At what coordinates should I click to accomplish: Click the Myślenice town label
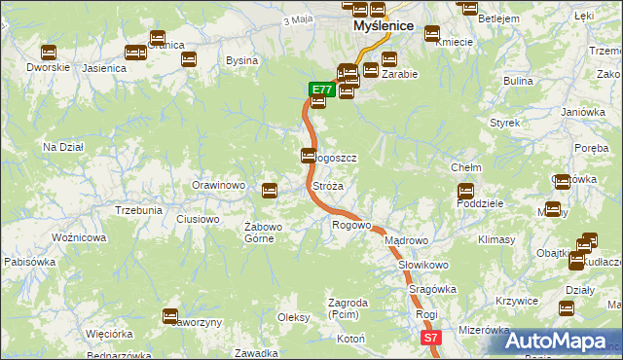pyautogui.click(x=384, y=27)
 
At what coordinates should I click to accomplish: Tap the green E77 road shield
pyautogui.click(x=322, y=90)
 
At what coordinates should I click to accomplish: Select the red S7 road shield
pyautogui.click(x=431, y=337)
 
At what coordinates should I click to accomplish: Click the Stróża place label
pyautogui.click(x=327, y=185)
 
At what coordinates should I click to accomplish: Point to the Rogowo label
pyautogui.click(x=351, y=226)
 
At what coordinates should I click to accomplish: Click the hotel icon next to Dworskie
pyautogui.click(x=48, y=53)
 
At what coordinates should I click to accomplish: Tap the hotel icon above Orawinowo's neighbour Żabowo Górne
pyautogui.click(x=270, y=189)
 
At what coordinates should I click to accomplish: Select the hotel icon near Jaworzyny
pyautogui.click(x=170, y=315)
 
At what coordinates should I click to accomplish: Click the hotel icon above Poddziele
pyautogui.click(x=465, y=191)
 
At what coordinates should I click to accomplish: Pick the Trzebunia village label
pyautogui.click(x=138, y=210)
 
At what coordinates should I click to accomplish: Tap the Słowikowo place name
pyautogui.click(x=422, y=265)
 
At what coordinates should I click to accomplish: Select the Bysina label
pyautogui.click(x=241, y=60)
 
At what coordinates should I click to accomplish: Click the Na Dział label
pyautogui.click(x=62, y=147)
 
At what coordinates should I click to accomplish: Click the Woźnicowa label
pyautogui.click(x=78, y=237)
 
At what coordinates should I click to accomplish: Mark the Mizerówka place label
pyautogui.click(x=484, y=330)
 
